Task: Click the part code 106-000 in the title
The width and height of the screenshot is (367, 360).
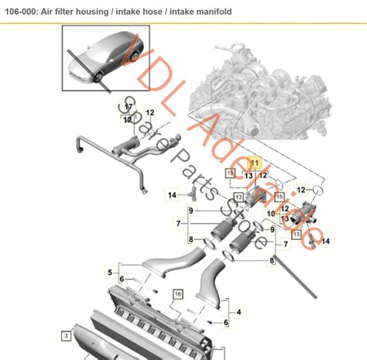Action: tap(23, 12)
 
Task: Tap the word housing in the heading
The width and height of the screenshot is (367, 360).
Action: tap(108, 12)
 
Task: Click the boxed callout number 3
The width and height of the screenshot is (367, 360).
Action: tap(67, 335)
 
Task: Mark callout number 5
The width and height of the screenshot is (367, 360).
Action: tap(110, 271)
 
